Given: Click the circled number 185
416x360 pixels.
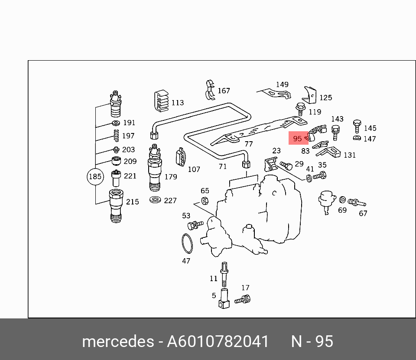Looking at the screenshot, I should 95,177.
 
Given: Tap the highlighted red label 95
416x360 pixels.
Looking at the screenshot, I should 297,139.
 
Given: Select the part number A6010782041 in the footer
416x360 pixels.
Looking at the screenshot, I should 218,341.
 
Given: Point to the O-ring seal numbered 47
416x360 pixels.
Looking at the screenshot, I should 186,243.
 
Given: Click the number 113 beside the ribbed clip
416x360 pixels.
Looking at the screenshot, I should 177,103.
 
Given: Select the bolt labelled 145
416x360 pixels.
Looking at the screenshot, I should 357,126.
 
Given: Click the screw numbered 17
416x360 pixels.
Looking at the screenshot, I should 243,298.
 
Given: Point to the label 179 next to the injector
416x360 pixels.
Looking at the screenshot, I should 171,177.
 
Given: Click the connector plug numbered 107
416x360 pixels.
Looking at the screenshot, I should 181,157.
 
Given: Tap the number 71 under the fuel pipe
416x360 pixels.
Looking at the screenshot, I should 222,166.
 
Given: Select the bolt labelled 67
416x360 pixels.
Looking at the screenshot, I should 357,202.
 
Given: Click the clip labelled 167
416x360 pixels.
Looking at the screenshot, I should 210,89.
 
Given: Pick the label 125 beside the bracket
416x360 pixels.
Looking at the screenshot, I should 325,98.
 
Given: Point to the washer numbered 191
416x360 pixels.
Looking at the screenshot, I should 116,124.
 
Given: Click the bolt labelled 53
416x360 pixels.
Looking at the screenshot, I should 195,224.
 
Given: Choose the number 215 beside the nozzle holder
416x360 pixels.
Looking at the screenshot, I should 132,201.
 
